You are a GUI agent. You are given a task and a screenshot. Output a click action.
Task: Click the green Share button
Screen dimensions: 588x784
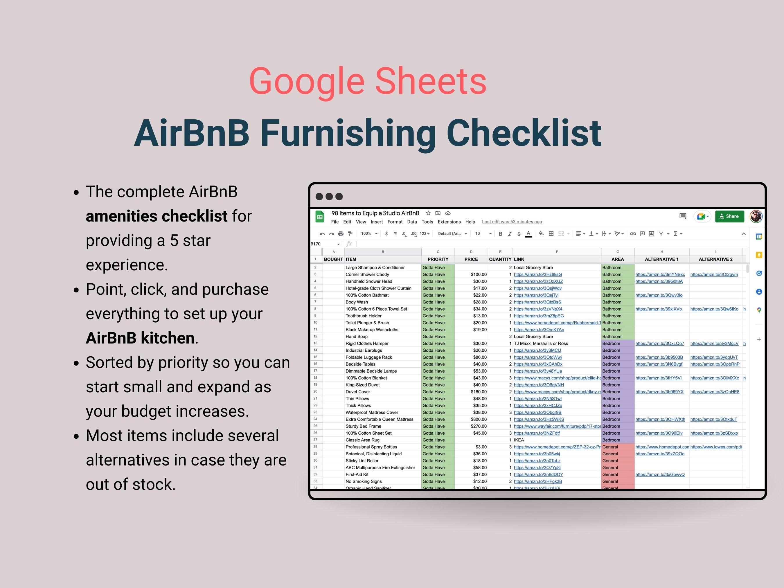(729, 216)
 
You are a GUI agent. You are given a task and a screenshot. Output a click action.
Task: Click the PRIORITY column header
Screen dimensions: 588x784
(438, 259)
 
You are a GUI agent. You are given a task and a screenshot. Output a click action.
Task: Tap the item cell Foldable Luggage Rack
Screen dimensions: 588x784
(368, 357)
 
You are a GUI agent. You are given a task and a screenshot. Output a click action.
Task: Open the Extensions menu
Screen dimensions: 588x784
(449, 222)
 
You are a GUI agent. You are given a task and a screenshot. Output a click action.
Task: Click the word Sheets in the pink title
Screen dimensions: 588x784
(430, 82)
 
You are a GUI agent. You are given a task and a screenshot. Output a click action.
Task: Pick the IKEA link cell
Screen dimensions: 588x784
(519, 440)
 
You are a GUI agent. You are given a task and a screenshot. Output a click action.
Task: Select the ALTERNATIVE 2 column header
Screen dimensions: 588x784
(715, 259)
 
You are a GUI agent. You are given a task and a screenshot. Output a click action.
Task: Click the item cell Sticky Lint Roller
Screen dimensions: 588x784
(362, 461)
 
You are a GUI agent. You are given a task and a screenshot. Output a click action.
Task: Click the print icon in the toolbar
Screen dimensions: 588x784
(341, 233)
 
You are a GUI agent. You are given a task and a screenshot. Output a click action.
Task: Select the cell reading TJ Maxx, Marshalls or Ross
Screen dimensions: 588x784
(541, 344)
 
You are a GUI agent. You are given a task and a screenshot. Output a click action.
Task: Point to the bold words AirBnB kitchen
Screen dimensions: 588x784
(140, 338)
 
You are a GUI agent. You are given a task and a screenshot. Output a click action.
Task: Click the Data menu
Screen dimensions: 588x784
(412, 222)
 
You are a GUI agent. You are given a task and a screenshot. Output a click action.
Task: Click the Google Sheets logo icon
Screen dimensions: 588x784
(320, 217)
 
